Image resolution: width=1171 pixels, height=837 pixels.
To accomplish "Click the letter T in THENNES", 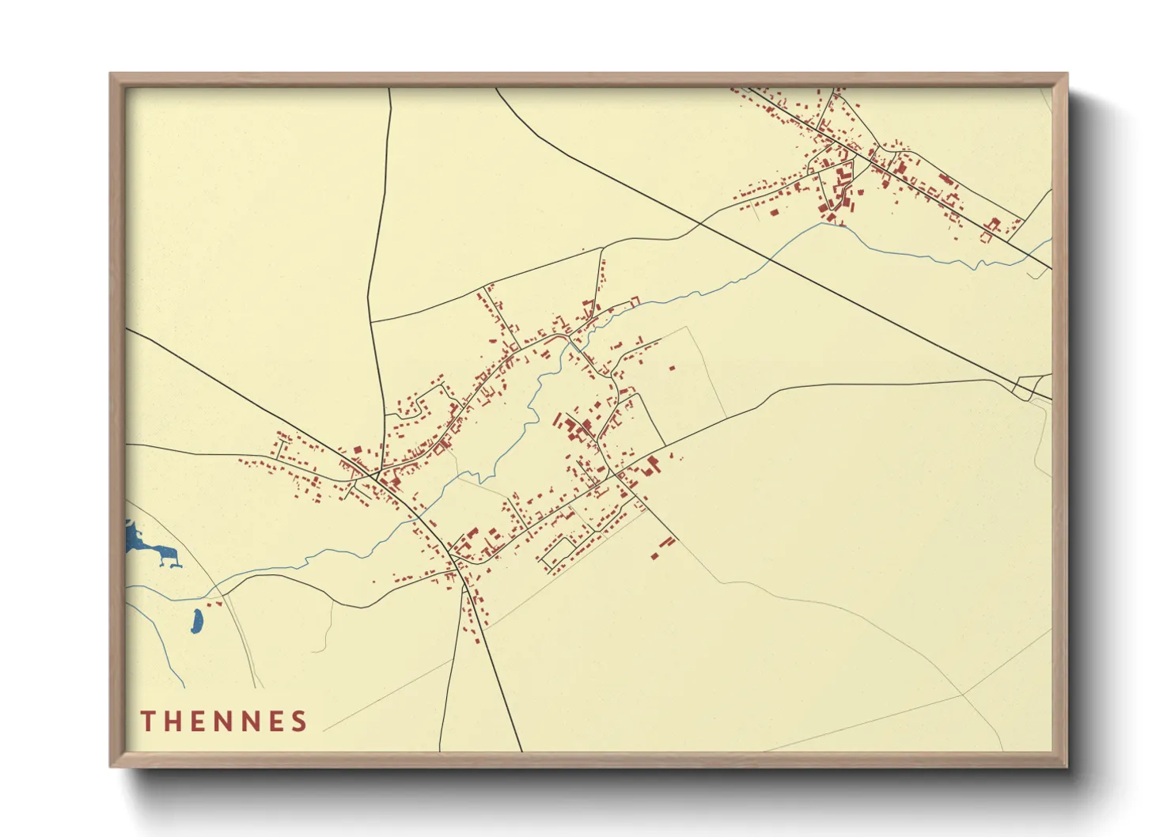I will point(147,721).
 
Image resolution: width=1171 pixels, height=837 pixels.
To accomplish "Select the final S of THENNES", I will point(298,721).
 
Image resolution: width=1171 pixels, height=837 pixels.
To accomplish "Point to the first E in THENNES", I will point(199,721).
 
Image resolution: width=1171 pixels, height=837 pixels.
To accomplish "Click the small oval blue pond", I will point(195,622).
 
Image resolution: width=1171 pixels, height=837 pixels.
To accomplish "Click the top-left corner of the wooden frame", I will point(111,74).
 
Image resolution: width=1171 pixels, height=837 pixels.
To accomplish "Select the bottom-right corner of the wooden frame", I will point(1067,766).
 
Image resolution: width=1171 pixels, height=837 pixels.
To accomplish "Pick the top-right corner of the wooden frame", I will point(1067,74).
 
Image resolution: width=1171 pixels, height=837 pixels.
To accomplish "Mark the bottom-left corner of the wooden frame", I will point(111,766).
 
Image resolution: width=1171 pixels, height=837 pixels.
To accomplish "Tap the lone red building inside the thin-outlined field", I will point(672,368).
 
